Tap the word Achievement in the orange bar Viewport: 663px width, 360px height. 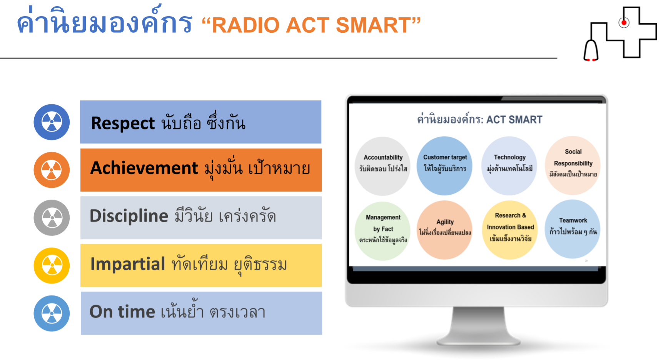144,168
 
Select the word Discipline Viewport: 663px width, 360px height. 129,216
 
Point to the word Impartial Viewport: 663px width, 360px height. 128,264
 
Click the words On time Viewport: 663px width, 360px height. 122,312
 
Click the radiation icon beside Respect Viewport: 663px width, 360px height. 52,122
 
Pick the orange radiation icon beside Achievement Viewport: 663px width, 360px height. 52,170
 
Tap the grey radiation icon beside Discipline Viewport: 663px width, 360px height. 52,218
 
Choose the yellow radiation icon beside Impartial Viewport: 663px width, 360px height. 52,265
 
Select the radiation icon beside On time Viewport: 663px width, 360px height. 52,313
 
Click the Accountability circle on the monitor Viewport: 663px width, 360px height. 383,166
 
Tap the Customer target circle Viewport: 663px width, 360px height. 445,166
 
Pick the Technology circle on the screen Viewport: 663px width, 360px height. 509,166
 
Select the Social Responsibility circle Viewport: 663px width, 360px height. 573,165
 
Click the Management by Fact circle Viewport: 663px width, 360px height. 383,231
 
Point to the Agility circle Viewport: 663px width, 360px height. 445,230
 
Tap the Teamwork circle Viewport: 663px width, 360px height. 573,229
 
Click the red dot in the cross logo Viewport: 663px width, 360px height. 624,23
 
